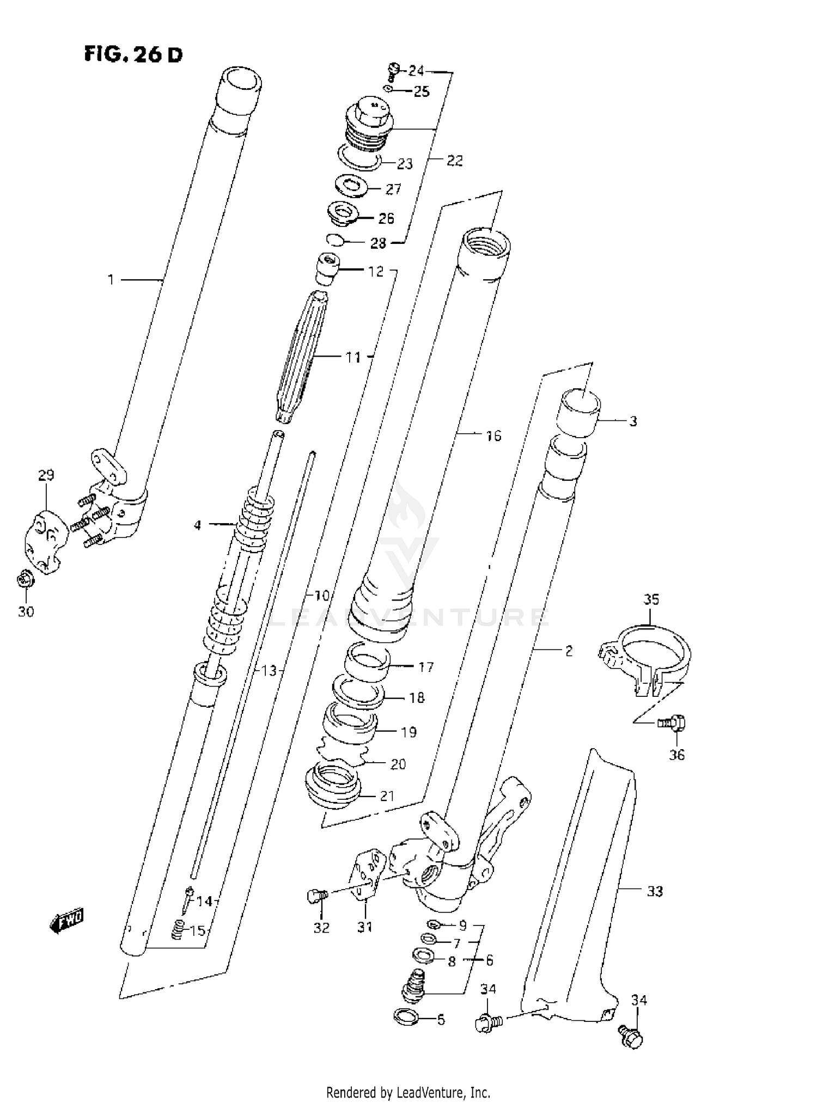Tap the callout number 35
(x=651, y=599)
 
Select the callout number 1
(x=111, y=280)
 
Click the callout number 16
(x=493, y=436)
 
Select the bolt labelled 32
(x=316, y=896)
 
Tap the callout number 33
(x=654, y=892)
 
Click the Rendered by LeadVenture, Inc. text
(x=408, y=1092)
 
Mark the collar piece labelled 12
(x=327, y=268)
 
